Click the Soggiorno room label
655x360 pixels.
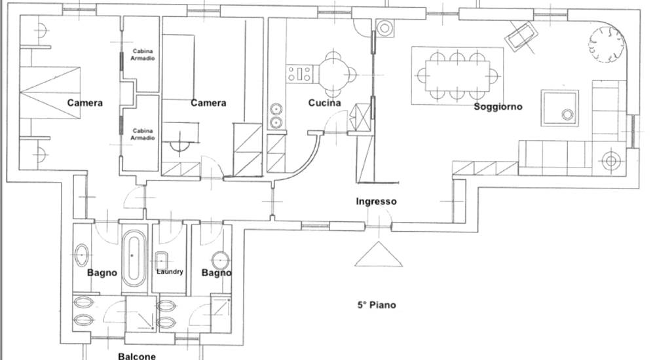click(x=498, y=107)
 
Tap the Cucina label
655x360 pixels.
click(x=325, y=103)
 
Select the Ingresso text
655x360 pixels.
click(x=377, y=202)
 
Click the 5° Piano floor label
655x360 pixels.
click(x=377, y=305)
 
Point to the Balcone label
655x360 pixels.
click(x=137, y=356)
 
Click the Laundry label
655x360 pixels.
click(x=170, y=272)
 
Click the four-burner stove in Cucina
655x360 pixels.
click(x=299, y=74)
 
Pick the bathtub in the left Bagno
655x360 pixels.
click(x=134, y=259)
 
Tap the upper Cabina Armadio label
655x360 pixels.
click(x=142, y=55)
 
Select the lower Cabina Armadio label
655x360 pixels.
click(x=142, y=134)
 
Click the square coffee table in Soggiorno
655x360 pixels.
click(x=560, y=108)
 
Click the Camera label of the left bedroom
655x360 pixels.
click(x=84, y=103)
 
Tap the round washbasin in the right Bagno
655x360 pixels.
click(x=220, y=261)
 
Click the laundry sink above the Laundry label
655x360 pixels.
click(x=162, y=261)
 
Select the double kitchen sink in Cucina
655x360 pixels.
click(x=276, y=116)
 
